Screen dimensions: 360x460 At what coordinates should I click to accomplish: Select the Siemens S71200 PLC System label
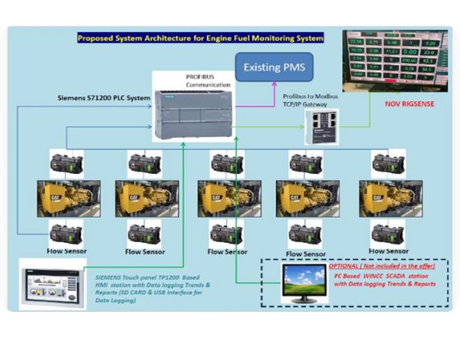(103, 98)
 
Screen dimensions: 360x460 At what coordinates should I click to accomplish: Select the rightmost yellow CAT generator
(389, 198)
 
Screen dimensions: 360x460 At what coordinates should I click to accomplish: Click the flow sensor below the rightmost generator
(388, 232)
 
